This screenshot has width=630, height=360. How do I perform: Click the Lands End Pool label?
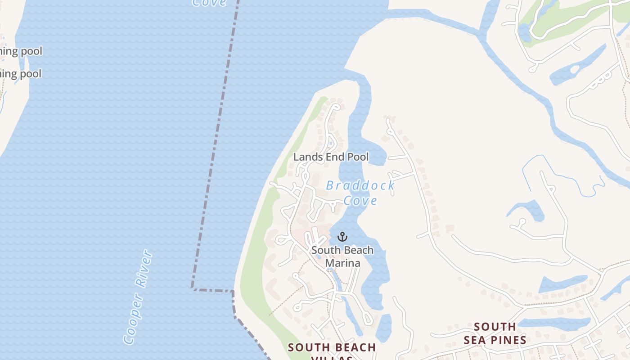coord(331,157)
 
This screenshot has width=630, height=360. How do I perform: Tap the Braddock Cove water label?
coord(360,193)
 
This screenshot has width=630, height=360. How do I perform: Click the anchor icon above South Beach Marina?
coord(342,237)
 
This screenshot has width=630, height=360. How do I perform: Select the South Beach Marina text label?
coord(342,256)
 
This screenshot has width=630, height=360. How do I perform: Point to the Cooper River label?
coord(138,297)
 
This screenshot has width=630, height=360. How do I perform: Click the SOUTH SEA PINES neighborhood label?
coord(495,333)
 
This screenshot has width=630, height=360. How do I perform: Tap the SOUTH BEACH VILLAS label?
coord(332,351)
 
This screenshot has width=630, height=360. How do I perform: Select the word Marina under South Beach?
coord(342,263)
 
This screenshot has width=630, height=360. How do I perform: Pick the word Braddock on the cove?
coord(360,185)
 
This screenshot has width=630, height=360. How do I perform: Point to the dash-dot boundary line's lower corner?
coord(193,288)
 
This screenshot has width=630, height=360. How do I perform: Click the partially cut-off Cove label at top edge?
coord(209,3)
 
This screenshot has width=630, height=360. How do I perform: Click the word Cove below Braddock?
coord(360,201)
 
